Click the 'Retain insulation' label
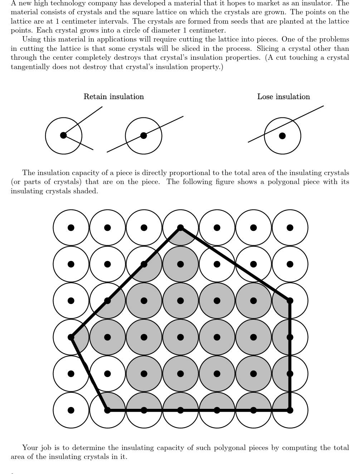click(113, 97)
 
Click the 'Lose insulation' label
click(283, 97)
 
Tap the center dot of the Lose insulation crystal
click(282, 136)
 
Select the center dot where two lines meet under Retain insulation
click(63, 135)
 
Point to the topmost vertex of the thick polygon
click(180, 228)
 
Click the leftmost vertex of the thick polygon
click(71, 337)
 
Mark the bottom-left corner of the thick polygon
click(107, 410)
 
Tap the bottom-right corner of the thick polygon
click(290, 410)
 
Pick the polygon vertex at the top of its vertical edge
click(290, 301)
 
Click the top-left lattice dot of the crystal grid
click(71, 228)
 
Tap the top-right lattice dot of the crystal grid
click(290, 228)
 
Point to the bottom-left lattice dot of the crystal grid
click(71, 410)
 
